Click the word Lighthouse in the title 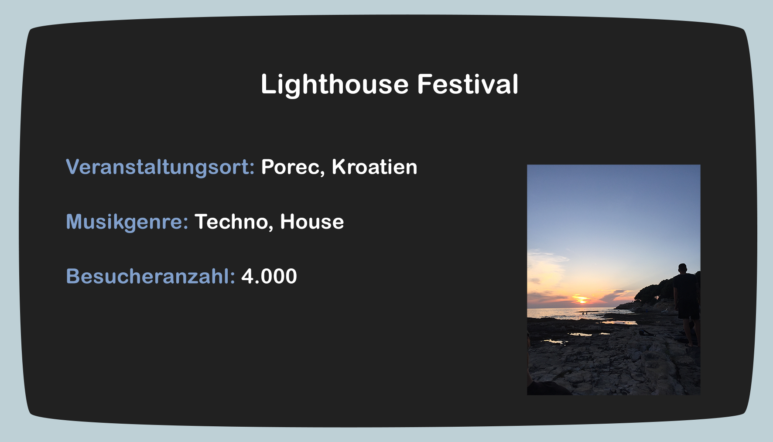coord(335,85)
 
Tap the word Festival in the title coord(468,84)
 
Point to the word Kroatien coord(374,167)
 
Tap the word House coord(312,222)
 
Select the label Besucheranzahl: coord(150,276)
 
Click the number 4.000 coord(269,277)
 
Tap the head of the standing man coord(682,268)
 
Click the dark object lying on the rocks coord(646,333)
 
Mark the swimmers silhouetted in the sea coord(585,313)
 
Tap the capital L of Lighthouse coord(268,84)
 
